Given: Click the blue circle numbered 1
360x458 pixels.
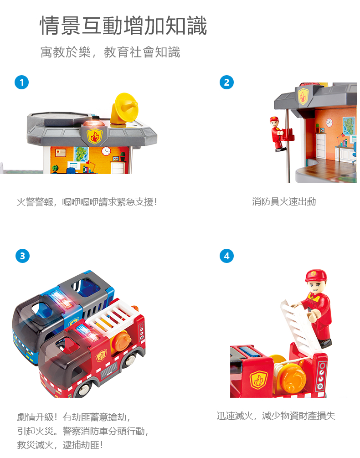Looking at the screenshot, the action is [21, 82].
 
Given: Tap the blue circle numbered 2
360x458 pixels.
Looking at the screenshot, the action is [226, 82].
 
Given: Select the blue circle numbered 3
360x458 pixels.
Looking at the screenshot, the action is [22, 256].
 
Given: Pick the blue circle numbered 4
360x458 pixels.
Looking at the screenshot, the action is [226, 256].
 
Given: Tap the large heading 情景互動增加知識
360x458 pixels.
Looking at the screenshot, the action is [123, 26].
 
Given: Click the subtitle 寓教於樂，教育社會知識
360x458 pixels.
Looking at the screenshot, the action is [110, 52].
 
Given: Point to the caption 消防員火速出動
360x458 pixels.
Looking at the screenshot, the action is [284, 201].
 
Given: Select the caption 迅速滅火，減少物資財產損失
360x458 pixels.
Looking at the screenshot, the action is [276, 416].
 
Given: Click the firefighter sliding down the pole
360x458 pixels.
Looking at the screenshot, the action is [278, 134].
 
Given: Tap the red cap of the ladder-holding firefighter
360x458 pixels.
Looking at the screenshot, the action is [316, 275].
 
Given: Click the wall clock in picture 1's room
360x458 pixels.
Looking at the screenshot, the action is [106, 151].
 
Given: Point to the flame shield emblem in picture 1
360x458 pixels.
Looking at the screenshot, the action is [94, 136].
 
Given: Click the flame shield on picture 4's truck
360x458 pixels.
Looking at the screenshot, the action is [258, 380].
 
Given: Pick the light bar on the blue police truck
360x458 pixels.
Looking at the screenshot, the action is [62, 300].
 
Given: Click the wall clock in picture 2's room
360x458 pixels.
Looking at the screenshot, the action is [329, 123].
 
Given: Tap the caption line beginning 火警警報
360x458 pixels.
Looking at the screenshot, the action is [87, 202].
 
